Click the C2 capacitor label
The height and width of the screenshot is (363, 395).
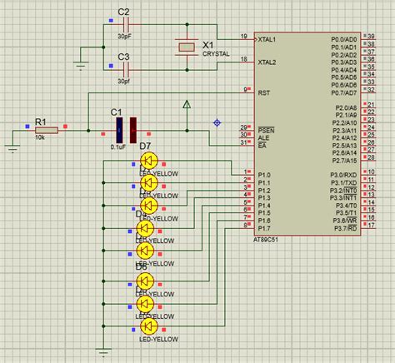(123, 12)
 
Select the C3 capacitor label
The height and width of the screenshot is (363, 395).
(123, 57)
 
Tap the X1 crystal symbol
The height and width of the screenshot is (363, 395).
(186, 49)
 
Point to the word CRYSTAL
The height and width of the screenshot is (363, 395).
(216, 52)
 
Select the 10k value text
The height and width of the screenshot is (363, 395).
(39, 138)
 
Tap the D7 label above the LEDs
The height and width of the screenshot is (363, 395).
(145, 147)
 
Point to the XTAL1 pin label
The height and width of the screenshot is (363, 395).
(267, 39)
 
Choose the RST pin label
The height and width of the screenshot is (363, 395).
(262, 92)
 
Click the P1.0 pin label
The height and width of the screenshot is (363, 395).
(265, 175)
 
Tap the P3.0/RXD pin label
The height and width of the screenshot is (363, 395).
(342, 175)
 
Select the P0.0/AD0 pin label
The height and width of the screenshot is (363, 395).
(342, 39)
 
